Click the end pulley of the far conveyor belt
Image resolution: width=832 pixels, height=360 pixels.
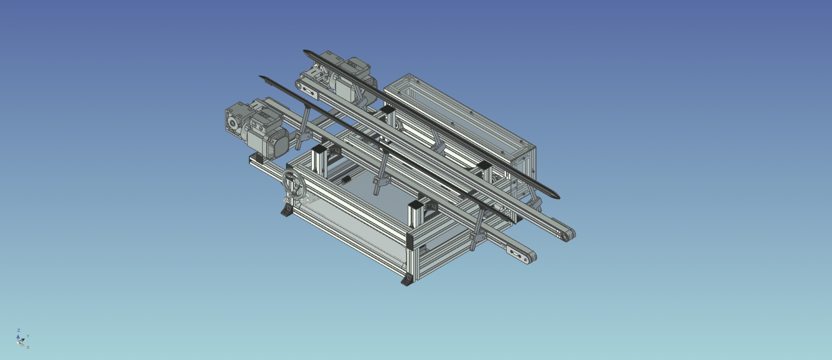coord(568,235)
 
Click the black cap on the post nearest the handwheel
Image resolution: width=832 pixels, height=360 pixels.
coord(320,148)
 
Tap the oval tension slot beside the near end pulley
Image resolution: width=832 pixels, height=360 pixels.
coord(515,252)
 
